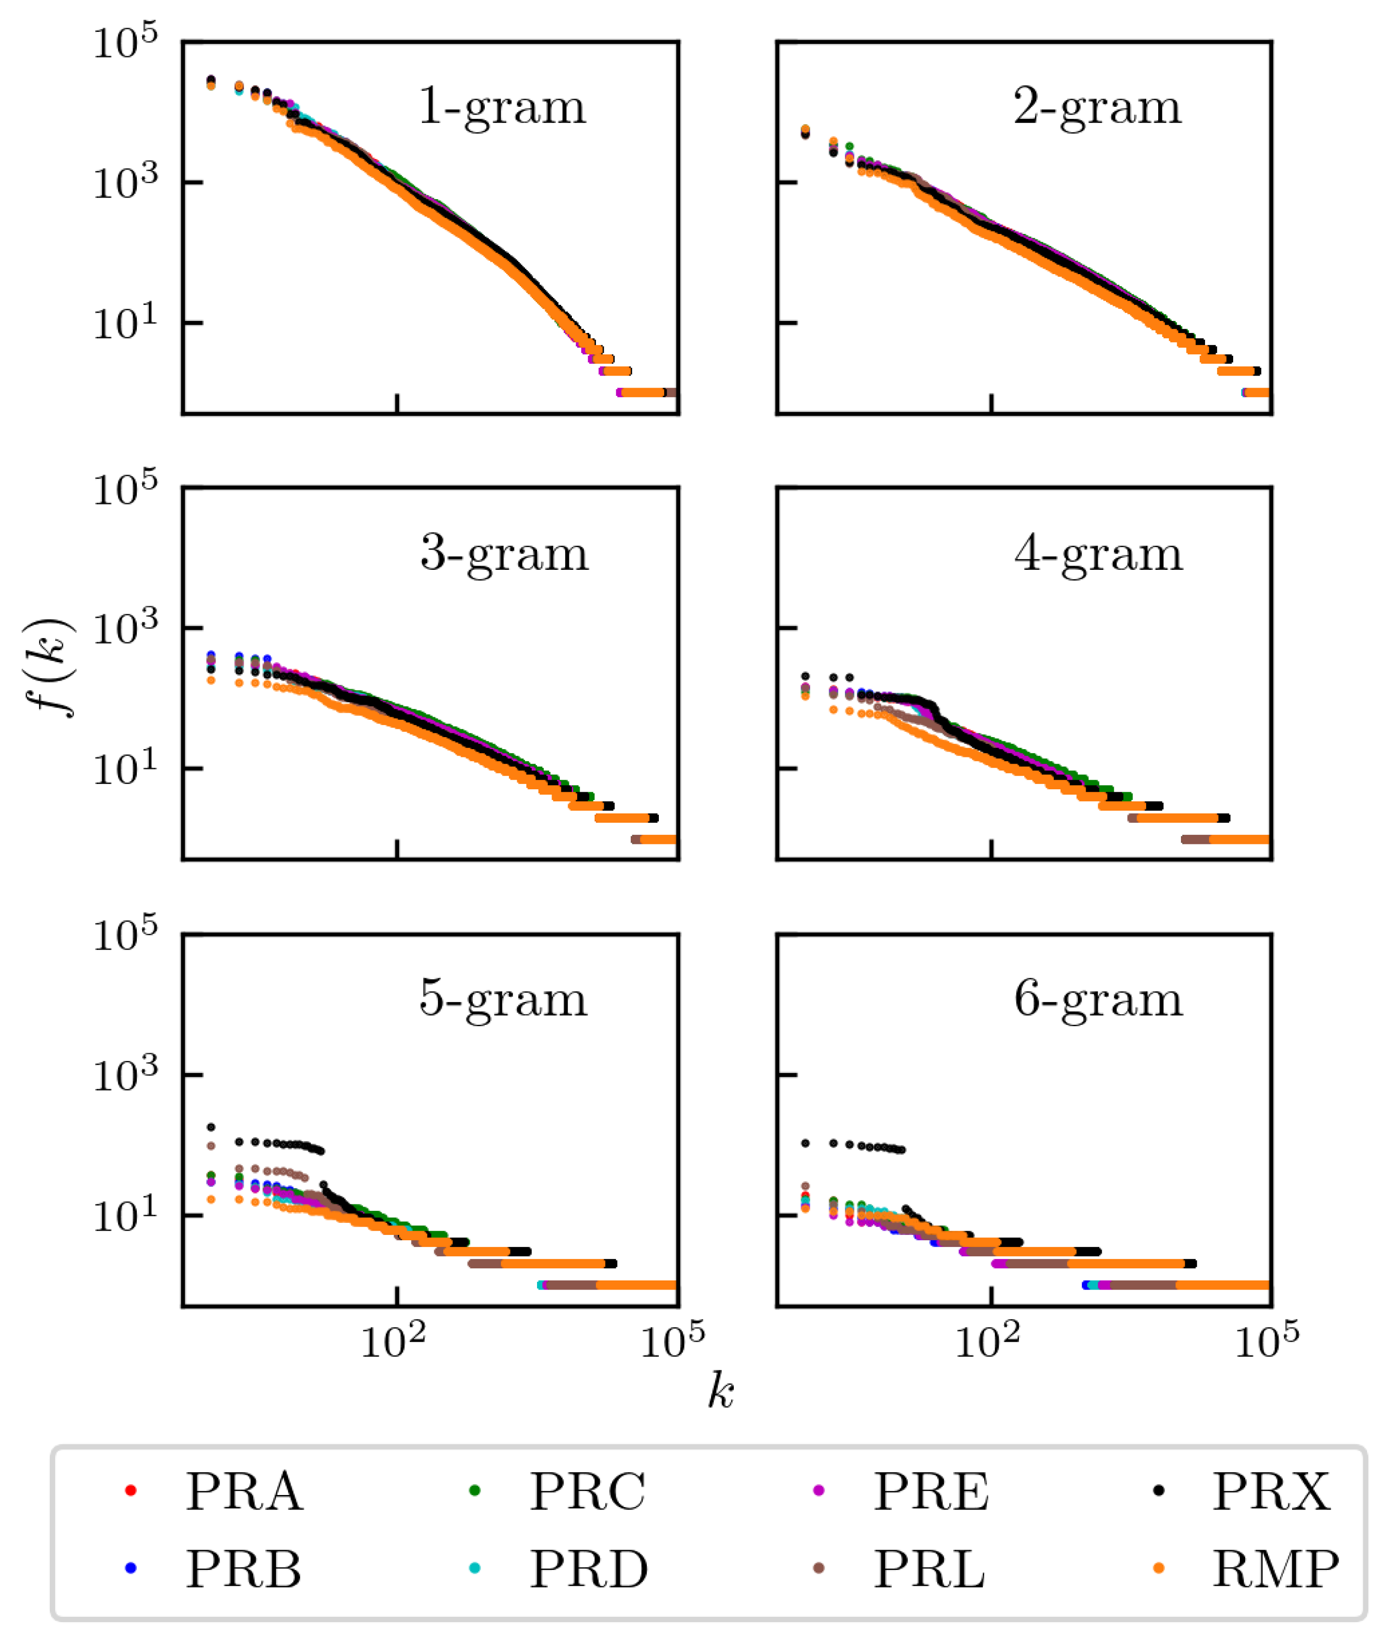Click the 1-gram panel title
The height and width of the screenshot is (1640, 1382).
tap(502, 107)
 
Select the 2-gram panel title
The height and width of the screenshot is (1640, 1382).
tap(1097, 107)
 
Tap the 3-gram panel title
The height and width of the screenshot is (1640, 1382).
tap(504, 554)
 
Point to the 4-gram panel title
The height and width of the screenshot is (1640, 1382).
tap(1098, 554)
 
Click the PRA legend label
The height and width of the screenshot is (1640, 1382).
tap(244, 1492)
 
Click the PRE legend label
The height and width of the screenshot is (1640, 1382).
tap(931, 1492)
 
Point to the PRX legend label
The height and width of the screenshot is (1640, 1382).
tap(1271, 1492)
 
